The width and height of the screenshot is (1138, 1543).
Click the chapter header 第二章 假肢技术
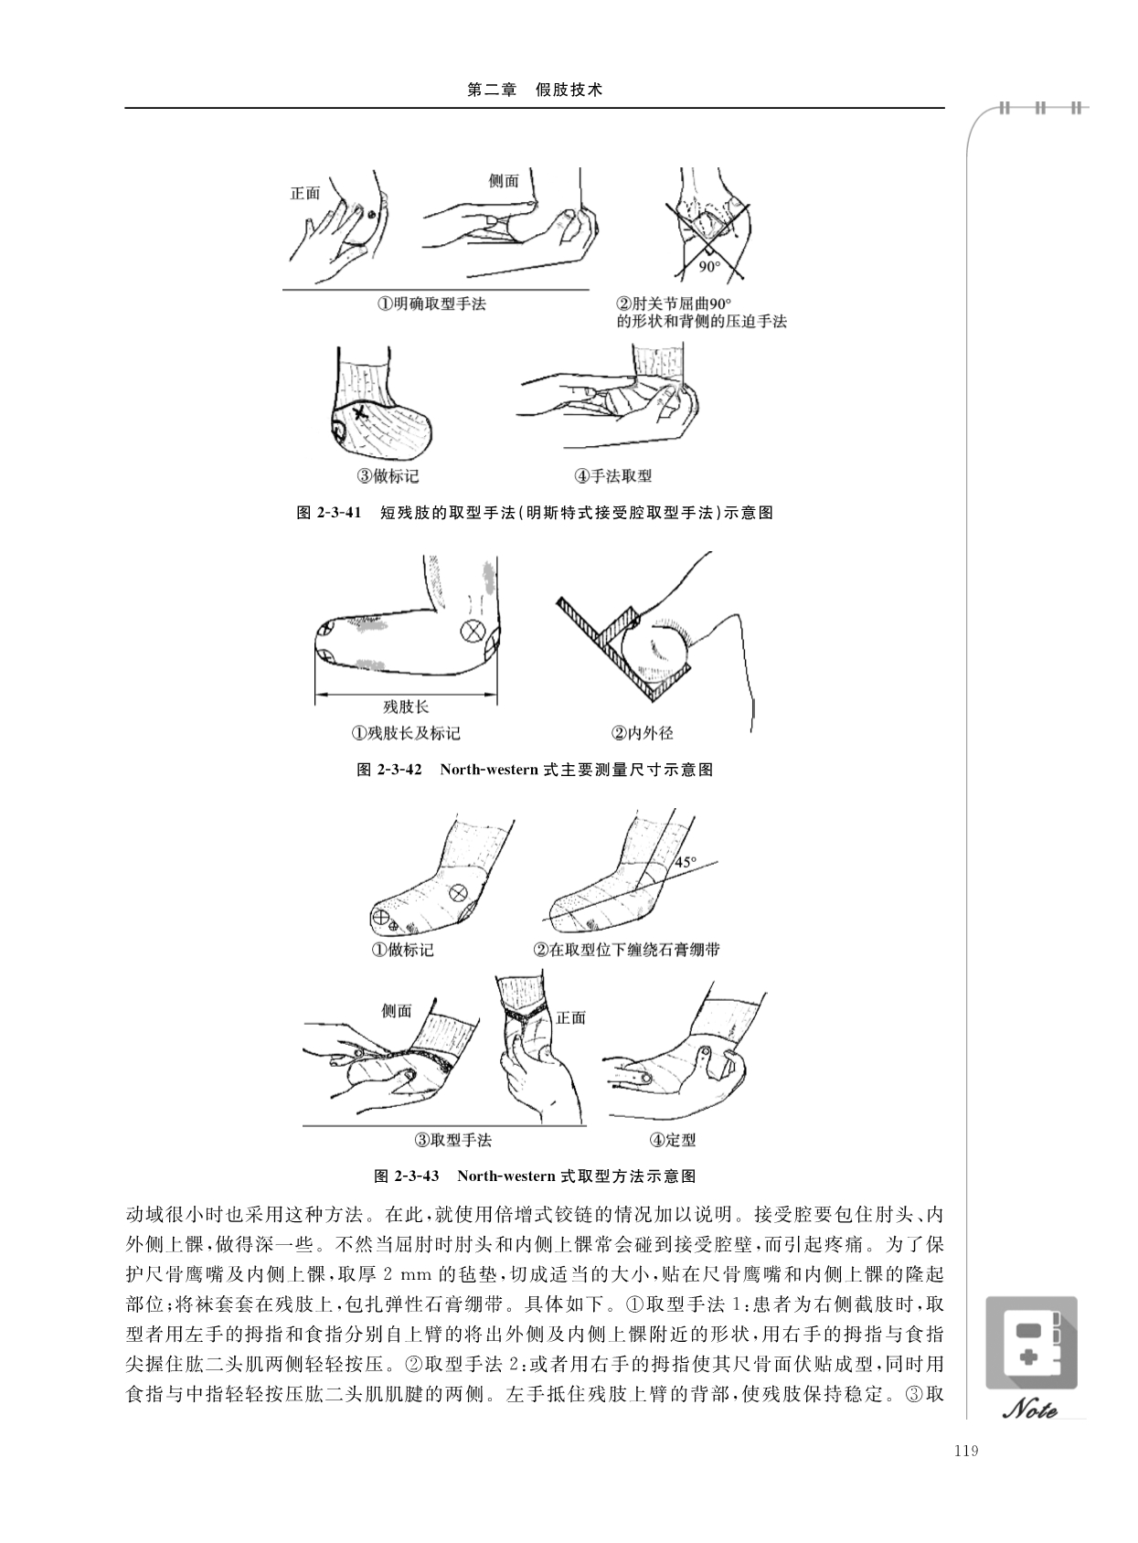pos(535,90)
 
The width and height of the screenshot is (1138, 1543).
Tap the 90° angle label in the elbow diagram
pos(709,267)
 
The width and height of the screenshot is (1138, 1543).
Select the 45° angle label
pos(686,862)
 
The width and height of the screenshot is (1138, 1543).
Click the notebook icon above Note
pos(1031,1343)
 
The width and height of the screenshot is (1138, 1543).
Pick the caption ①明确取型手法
pos(431,303)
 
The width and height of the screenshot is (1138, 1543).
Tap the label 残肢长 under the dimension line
pos(407,706)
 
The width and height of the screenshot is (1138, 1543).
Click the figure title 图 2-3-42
pos(389,770)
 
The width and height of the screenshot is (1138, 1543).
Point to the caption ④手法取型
pos(612,475)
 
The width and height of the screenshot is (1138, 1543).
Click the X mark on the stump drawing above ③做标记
pos(359,413)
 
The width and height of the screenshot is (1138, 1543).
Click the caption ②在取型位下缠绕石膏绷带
pos(626,949)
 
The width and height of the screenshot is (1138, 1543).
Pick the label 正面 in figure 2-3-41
pos(305,194)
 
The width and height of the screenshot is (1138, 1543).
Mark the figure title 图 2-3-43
pos(407,1176)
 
